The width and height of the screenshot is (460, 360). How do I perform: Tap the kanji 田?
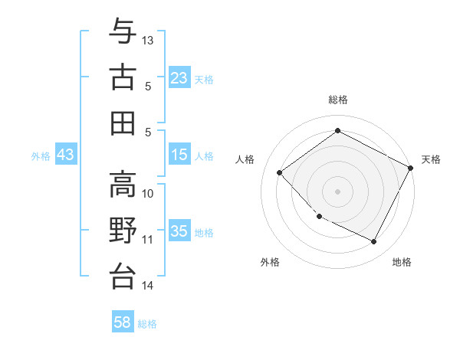click(123, 123)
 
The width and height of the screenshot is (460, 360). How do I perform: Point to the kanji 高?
click(123, 184)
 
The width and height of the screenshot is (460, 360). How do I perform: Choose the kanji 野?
click(123, 230)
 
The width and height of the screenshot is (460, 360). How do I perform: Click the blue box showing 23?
click(179, 77)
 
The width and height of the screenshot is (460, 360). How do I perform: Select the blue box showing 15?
click(179, 155)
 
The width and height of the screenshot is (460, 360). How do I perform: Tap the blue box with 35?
click(179, 231)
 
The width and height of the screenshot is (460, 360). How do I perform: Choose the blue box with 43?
click(66, 155)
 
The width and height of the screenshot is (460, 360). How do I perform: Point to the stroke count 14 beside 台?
click(148, 286)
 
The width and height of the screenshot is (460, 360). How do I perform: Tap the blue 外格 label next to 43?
click(41, 155)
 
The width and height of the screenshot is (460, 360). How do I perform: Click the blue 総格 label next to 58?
click(147, 324)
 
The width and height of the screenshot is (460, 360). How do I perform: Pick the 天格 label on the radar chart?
click(431, 159)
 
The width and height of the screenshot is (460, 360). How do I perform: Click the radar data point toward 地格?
click(374, 242)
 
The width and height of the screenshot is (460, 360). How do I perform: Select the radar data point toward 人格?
click(280, 173)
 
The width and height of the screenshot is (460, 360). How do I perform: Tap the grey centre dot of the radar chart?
click(337, 191)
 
